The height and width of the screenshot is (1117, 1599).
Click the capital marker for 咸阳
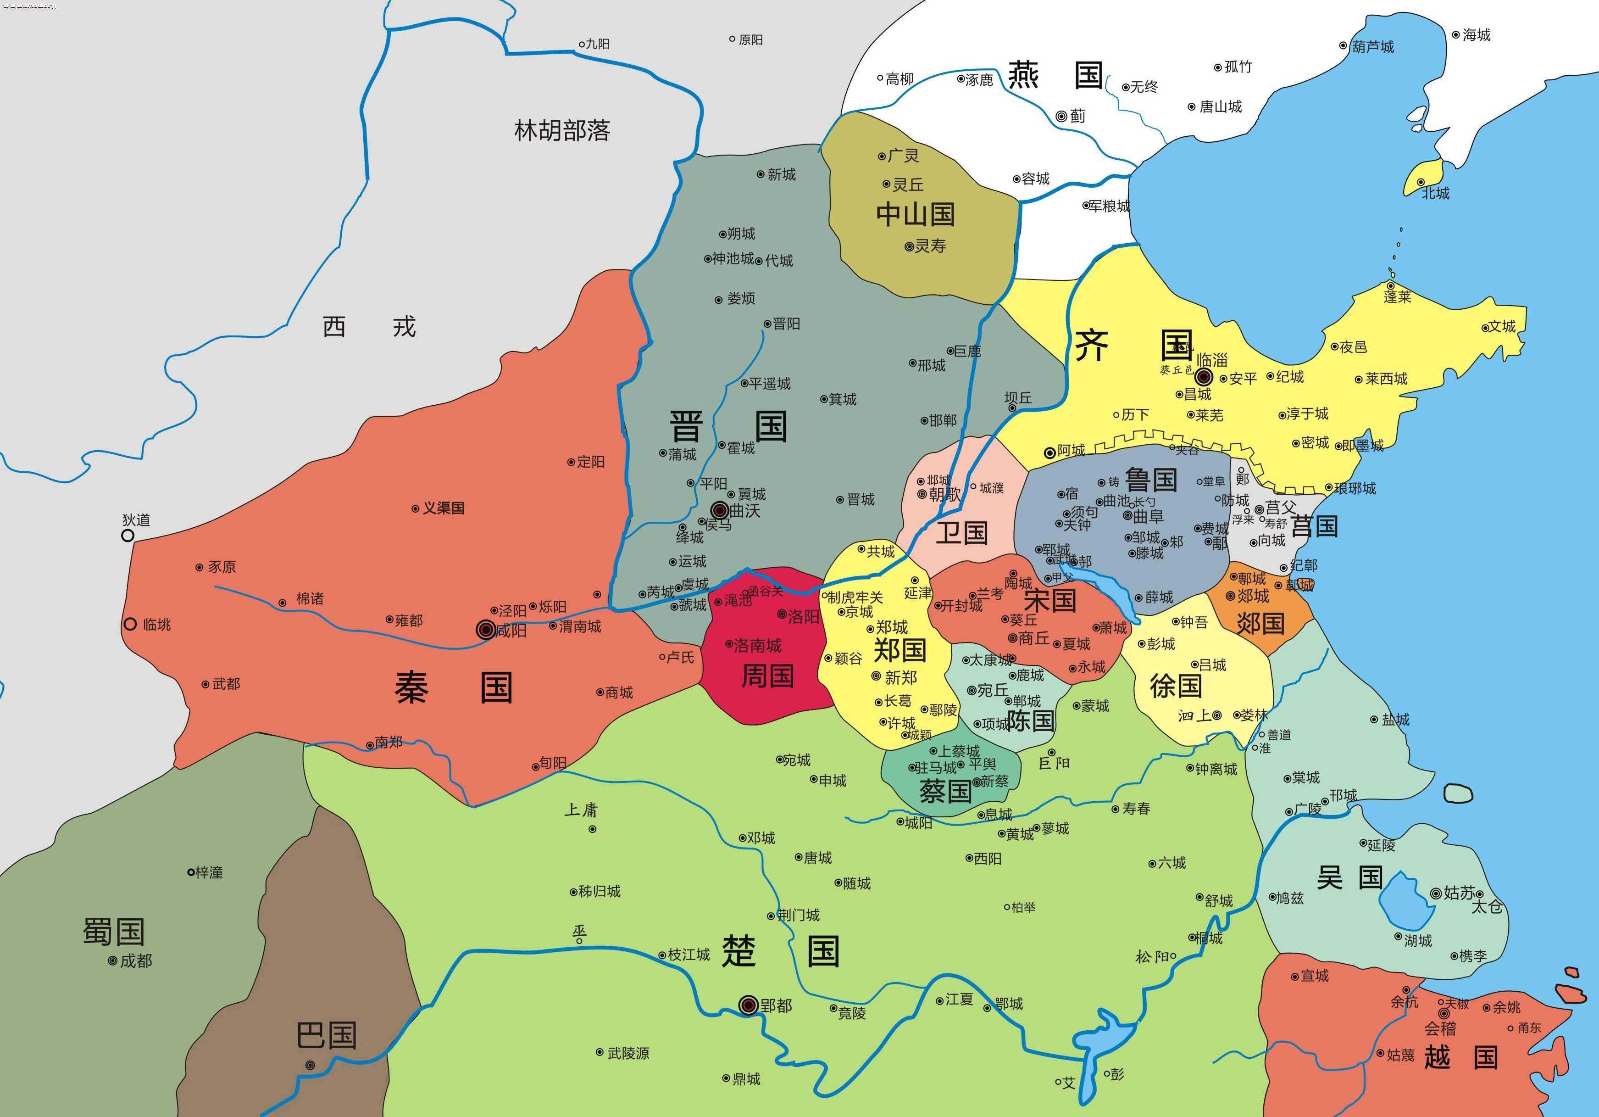[x=485, y=630]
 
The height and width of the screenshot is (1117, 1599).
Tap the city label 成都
[x=136, y=961]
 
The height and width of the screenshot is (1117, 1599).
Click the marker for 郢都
[x=748, y=1005]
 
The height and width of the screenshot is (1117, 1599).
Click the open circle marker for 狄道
[x=128, y=535]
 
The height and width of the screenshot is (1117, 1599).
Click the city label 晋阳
[x=786, y=324]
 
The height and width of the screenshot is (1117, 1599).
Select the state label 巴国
[x=326, y=1035]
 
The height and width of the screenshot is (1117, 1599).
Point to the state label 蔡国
[x=945, y=791]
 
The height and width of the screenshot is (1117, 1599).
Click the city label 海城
[x=1476, y=35]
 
